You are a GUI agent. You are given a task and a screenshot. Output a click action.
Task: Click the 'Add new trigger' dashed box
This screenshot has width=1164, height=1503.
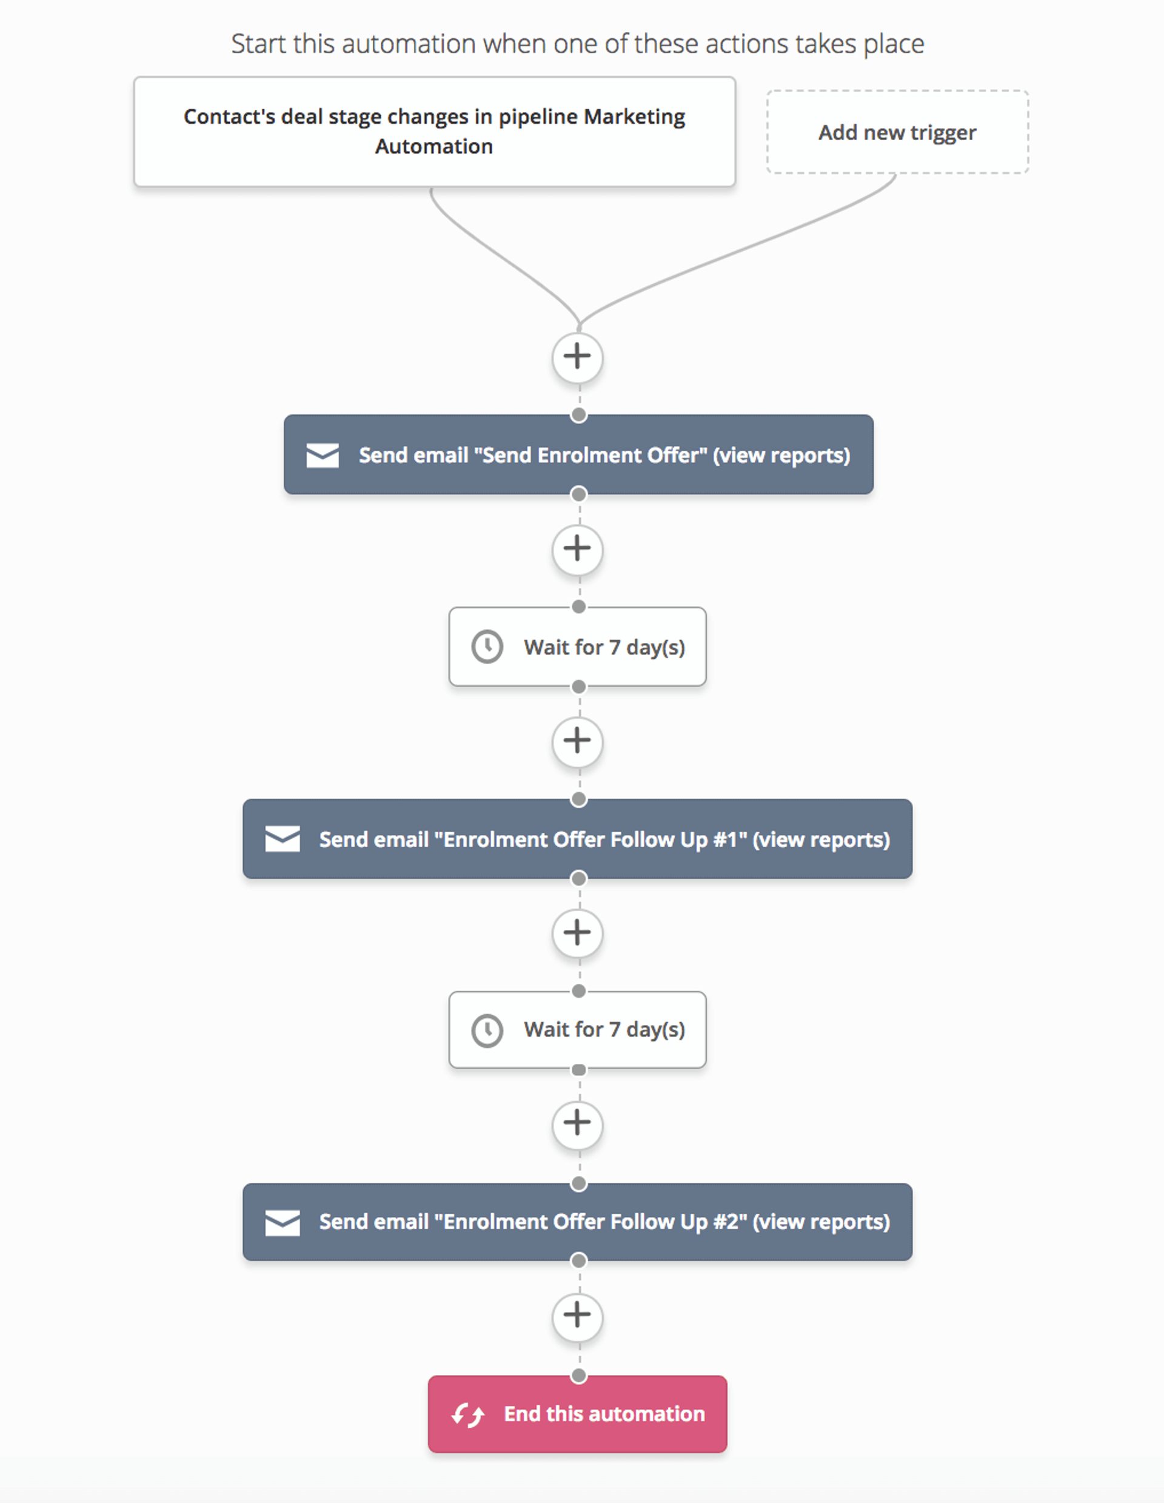(897, 132)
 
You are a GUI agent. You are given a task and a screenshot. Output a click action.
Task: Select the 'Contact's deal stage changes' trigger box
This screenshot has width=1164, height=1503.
(434, 132)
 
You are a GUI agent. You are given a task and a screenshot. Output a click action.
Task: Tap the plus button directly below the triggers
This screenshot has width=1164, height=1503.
(577, 357)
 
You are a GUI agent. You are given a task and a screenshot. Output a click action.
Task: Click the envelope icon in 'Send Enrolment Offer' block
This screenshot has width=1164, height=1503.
(322, 456)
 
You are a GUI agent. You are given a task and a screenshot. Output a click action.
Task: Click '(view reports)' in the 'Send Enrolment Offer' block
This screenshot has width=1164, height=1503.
(781, 456)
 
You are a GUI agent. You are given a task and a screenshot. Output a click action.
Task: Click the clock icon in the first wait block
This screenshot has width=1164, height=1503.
(487, 647)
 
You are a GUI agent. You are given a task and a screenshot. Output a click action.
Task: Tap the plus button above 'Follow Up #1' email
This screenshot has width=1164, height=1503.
(577, 741)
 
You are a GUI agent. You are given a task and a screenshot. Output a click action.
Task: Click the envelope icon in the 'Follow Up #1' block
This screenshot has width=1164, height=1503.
(282, 839)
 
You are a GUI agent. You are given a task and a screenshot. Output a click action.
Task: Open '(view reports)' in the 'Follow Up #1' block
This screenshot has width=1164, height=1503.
(821, 839)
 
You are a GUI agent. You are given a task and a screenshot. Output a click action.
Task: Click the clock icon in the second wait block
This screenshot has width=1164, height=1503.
(487, 1031)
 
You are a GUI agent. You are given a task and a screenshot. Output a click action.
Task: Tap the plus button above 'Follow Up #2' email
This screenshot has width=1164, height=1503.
(577, 1123)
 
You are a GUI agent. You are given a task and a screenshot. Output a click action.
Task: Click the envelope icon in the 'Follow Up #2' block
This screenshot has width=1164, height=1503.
(282, 1222)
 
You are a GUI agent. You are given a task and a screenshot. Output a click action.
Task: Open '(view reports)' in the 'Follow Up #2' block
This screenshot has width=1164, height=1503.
(821, 1222)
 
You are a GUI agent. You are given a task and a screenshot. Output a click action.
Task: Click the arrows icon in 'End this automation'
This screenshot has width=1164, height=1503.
(468, 1415)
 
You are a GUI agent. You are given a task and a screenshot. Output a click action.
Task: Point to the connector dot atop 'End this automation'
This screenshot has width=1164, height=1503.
(579, 1376)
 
